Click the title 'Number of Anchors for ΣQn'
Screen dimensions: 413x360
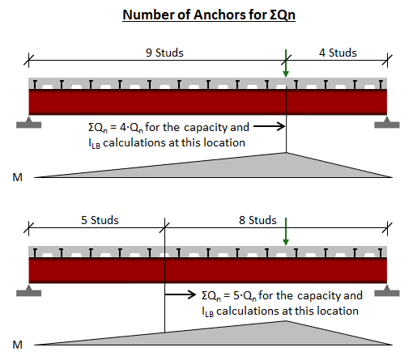coord(209,15)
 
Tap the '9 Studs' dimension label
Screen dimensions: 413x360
coord(164,53)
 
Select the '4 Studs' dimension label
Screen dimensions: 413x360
coord(338,53)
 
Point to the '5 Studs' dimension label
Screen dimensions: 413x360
coord(100,220)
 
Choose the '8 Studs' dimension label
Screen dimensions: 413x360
coord(258,220)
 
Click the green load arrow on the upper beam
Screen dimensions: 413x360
coord(286,63)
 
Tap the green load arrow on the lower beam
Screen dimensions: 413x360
coord(286,231)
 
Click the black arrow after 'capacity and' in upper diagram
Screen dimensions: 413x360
coord(270,126)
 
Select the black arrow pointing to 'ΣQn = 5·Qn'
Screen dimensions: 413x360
coord(181,294)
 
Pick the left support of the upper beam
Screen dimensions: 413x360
coord(28,122)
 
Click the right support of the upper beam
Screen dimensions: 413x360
coord(387,122)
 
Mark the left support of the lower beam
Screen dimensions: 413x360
coord(28,290)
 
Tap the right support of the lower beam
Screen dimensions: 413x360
coord(387,290)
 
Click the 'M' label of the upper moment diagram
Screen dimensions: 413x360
coord(18,177)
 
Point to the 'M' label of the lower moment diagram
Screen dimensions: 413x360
coord(18,345)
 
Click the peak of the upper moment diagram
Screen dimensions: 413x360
coord(286,153)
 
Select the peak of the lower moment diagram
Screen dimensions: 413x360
coord(286,321)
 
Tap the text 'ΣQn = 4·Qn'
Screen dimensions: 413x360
coord(116,128)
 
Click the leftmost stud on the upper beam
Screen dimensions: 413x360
coord(35,84)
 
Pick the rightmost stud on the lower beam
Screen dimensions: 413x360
coord(381,252)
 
